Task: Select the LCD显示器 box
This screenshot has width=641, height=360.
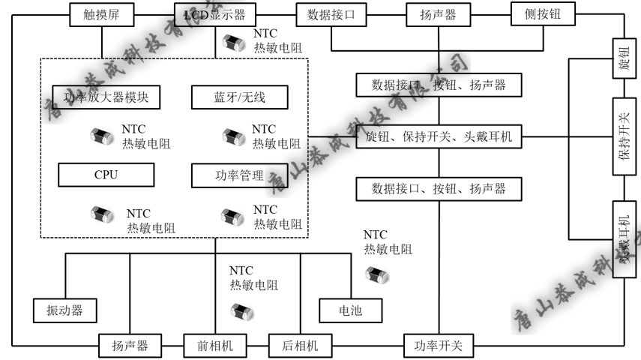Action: tap(214, 13)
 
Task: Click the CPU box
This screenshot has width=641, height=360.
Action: tap(106, 175)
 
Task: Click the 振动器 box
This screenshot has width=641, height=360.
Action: tap(66, 309)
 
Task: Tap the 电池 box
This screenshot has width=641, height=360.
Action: tap(350, 309)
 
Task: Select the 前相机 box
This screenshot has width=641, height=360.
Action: tap(216, 346)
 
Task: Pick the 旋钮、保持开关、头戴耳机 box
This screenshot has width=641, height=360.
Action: tap(438, 138)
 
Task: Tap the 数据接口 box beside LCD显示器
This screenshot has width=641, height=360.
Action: tap(331, 13)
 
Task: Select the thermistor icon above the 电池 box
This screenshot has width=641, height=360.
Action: tap(373, 274)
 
